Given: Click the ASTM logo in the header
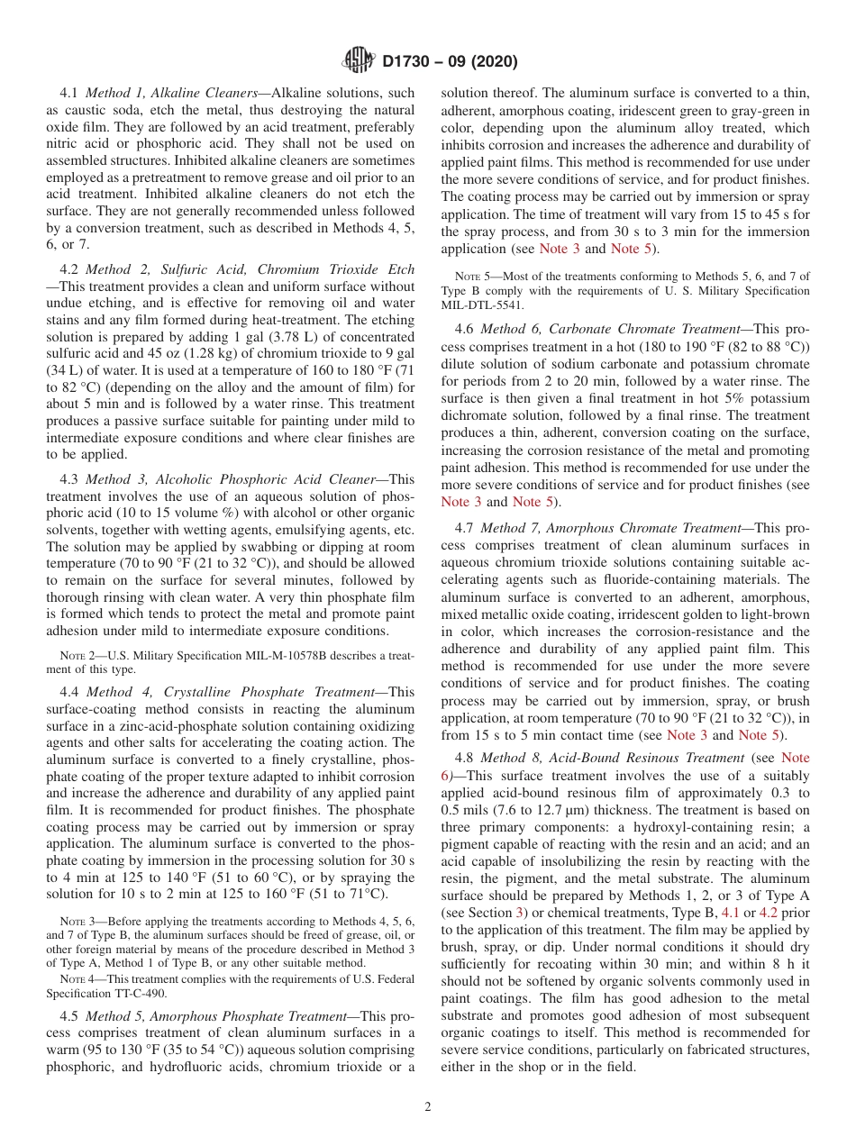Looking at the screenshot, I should [x=359, y=61].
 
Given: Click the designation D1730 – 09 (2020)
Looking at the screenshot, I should [x=450, y=62].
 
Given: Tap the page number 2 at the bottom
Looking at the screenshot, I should [x=428, y=1106].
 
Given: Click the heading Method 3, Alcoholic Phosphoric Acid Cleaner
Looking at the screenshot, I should [x=230, y=479].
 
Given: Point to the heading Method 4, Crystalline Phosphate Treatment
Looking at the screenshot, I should [x=231, y=692].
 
